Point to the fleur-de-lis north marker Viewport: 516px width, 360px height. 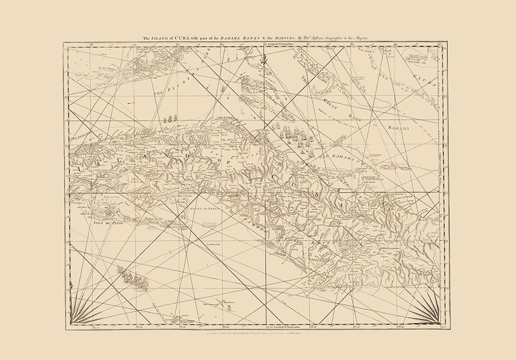[x=266, y=62]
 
